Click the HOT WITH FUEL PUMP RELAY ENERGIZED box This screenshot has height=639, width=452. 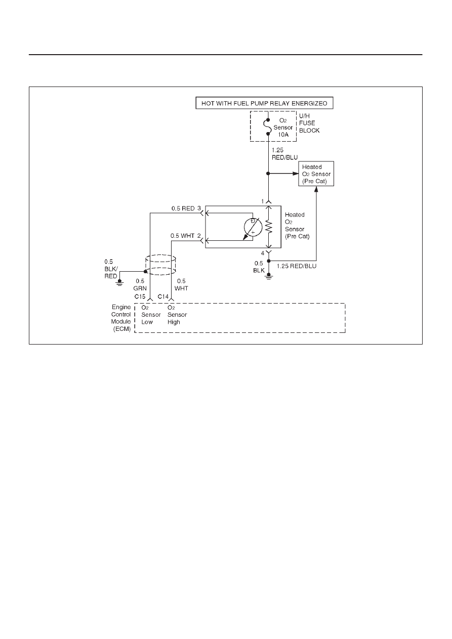click(264, 103)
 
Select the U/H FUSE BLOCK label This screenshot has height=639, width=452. click(309, 123)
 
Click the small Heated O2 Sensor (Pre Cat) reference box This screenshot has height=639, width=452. click(316, 174)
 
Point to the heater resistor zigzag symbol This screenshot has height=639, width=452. click(269, 227)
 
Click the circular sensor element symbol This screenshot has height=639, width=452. click(253, 227)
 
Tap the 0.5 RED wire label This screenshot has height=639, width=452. click(183, 208)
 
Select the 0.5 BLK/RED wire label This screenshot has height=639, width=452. click(111, 269)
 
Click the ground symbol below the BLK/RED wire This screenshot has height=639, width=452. click(119, 283)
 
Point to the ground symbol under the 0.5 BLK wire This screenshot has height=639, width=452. click(269, 276)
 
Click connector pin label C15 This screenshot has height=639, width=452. click(140, 296)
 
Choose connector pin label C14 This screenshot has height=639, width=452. click(163, 296)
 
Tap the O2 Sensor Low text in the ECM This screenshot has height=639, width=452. click(151, 315)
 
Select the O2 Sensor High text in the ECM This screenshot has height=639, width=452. click(177, 315)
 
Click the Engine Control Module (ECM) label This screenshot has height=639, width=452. click(121, 318)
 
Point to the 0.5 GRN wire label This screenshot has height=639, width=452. click(140, 285)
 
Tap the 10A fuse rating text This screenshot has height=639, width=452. click(283, 135)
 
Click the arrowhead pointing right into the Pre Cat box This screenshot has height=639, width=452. click(295, 174)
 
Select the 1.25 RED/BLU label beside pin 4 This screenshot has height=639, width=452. click(297, 266)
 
